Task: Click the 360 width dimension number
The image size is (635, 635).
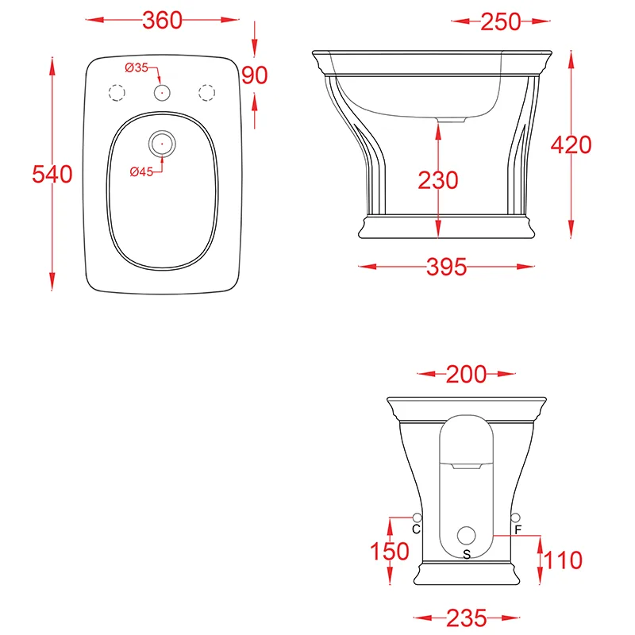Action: [x=162, y=21]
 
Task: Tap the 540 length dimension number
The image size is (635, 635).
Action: [x=52, y=174]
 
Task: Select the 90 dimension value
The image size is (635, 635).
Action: [x=255, y=75]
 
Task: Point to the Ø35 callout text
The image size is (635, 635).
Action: [x=137, y=67]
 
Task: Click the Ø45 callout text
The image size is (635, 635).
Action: [x=141, y=171]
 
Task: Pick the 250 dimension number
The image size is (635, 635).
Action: [x=501, y=22]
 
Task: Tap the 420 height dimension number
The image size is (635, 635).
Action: [x=571, y=144]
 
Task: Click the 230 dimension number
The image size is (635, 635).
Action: [x=438, y=180]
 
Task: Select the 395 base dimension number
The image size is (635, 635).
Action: [x=447, y=267]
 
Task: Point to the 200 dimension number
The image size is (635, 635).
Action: [x=466, y=375]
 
